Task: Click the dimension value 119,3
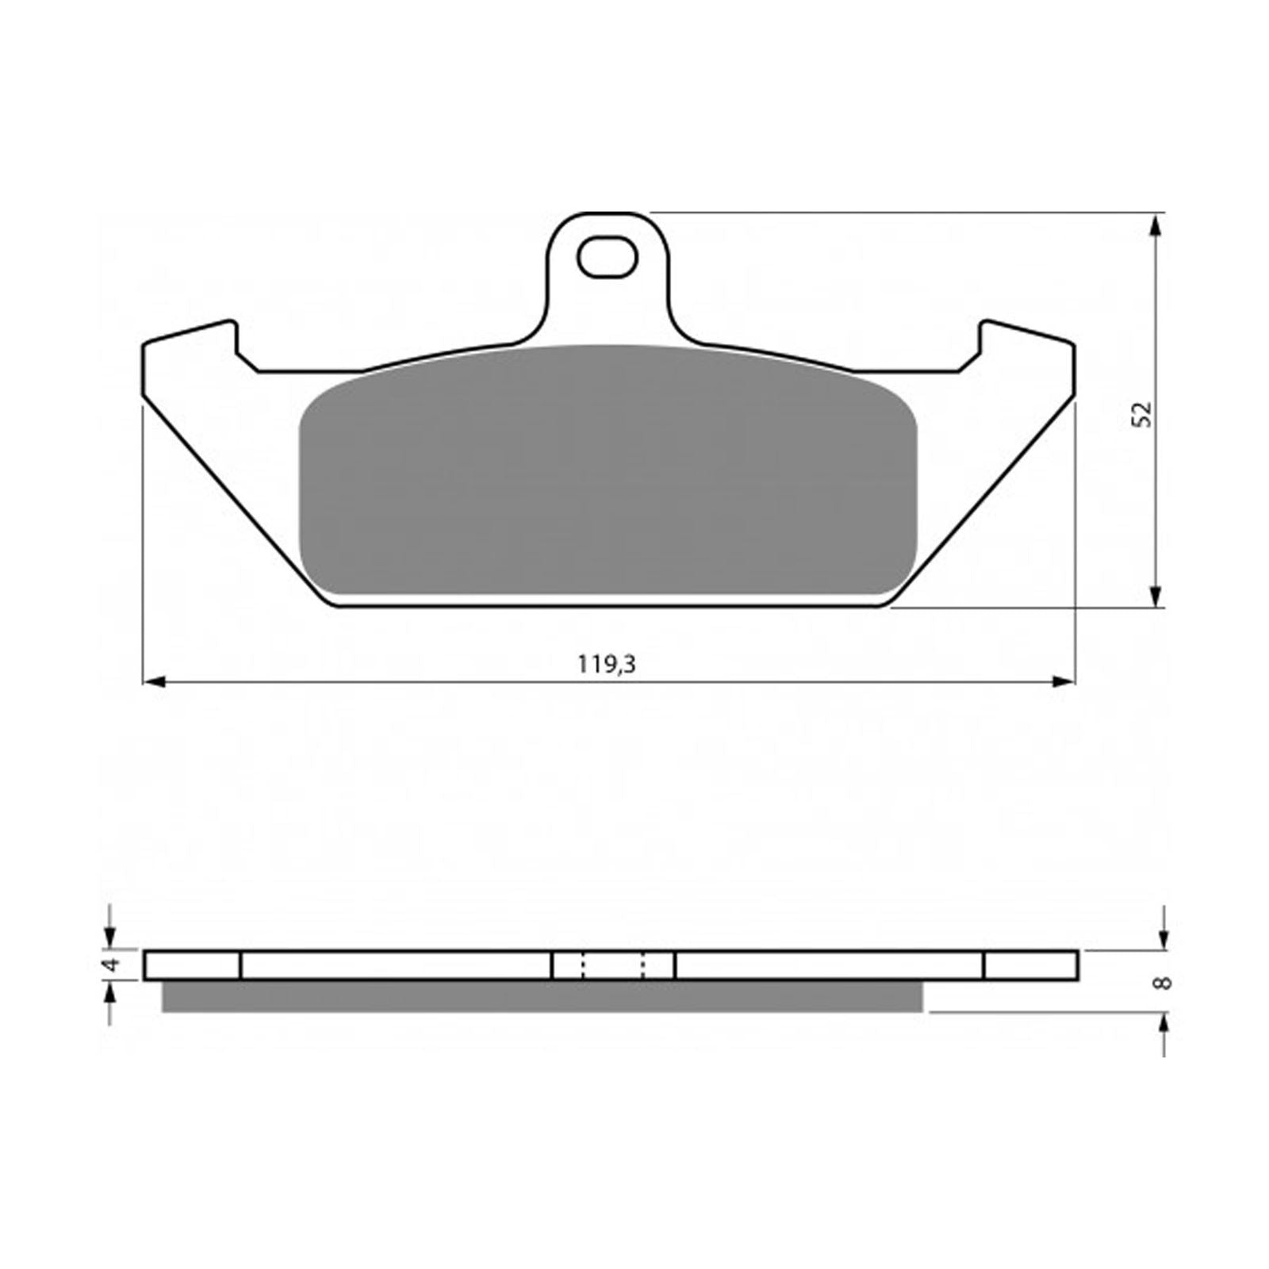point(607,664)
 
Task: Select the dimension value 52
point(1143,413)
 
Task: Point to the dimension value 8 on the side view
point(1164,983)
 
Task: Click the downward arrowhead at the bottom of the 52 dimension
point(1156,596)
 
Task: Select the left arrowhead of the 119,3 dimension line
point(154,681)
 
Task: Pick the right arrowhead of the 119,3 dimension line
point(1063,681)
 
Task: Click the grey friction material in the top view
point(607,476)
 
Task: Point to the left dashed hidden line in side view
point(583,965)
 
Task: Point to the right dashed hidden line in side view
point(643,965)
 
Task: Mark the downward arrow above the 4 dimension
point(110,936)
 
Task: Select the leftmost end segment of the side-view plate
point(192,965)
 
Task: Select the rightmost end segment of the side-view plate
point(1030,965)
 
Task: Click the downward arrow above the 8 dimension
point(1164,936)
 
